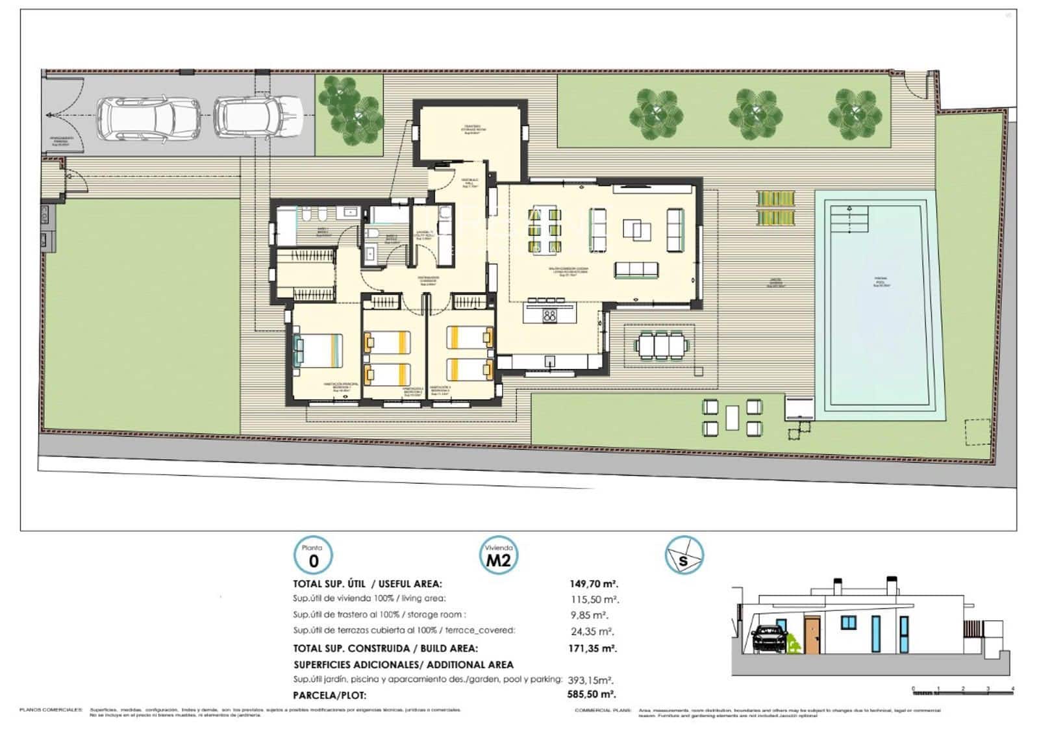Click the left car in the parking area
pyautogui.click(x=148, y=119)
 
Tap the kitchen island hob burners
pyautogui.click(x=549, y=316)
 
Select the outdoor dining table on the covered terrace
pyautogui.click(x=660, y=345)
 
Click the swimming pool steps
pyautogui.click(x=849, y=219)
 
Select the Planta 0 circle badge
pyautogui.click(x=313, y=556)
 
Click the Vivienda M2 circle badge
pyautogui.click(x=498, y=556)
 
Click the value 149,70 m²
pyautogui.click(x=594, y=584)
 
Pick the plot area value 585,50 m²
pyautogui.click(x=591, y=694)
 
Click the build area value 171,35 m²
pyautogui.click(x=592, y=648)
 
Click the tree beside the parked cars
pyautogui.click(x=350, y=110)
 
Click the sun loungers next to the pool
pyautogui.click(x=776, y=208)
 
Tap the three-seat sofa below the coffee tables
pyautogui.click(x=636, y=268)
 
